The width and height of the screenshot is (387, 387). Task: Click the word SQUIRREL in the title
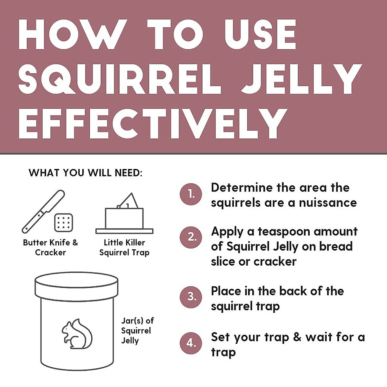[x=119, y=79]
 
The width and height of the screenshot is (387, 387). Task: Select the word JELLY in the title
[x=302, y=79]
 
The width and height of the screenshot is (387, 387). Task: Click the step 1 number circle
[x=191, y=194]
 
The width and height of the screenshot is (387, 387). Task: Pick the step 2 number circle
[x=191, y=237]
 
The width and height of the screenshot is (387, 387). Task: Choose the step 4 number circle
[x=191, y=343]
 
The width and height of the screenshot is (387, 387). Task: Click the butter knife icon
[x=43, y=212]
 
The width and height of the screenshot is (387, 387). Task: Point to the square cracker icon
[x=64, y=223]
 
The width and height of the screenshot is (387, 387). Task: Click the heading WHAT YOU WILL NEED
[x=85, y=173]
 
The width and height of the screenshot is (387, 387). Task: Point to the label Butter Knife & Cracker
[x=51, y=247]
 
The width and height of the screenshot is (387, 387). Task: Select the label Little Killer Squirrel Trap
[x=124, y=247]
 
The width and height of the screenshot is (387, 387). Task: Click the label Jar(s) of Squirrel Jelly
[x=137, y=331]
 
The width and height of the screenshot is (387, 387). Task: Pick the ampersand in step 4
[x=297, y=337]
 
